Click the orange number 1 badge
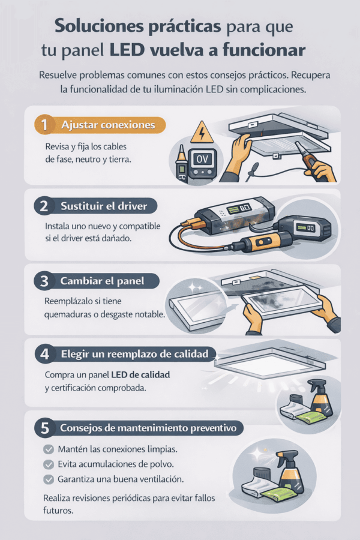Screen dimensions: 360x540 [44, 125]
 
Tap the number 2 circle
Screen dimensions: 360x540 [44, 206]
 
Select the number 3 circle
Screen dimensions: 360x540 [44, 281]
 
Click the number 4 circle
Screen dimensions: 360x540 [45, 355]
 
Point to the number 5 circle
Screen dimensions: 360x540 [45, 428]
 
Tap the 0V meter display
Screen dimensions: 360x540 [202, 159]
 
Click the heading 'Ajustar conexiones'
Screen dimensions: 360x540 [108, 125]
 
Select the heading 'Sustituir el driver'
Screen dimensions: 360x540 [104, 206]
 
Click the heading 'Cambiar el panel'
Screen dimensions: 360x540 [102, 281]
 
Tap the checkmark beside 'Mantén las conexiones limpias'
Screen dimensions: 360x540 [49, 449]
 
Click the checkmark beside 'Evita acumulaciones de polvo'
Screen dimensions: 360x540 [49, 464]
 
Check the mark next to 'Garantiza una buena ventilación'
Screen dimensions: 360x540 [49, 479]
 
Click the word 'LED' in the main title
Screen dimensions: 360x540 [127, 50]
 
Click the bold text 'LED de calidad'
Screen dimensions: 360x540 [140, 374]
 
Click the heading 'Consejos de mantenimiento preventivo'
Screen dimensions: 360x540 [148, 428]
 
